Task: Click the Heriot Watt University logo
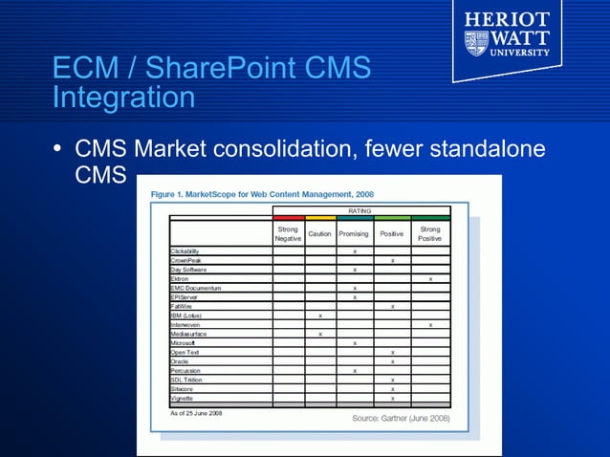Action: click(507, 39)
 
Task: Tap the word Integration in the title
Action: click(123, 97)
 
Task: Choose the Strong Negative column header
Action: click(288, 233)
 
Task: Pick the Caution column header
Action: click(319, 233)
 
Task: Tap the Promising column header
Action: click(354, 233)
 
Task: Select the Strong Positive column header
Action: click(430, 233)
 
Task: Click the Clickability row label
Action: click(185, 250)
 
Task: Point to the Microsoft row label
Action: click(183, 342)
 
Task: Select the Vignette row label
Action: click(182, 398)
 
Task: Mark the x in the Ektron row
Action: click(430, 278)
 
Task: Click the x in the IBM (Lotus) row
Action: click(319, 315)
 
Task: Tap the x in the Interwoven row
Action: click(430, 324)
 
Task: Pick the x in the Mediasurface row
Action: click(319, 334)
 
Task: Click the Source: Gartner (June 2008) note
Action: click(400, 419)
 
